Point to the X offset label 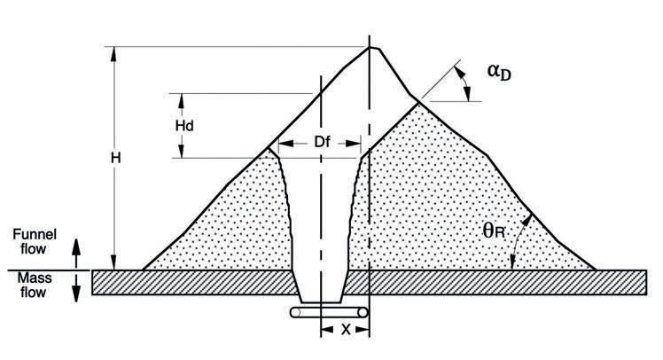345,329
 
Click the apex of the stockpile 370,46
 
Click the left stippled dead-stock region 239,222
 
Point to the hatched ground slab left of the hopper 195,281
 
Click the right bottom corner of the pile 594,269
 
